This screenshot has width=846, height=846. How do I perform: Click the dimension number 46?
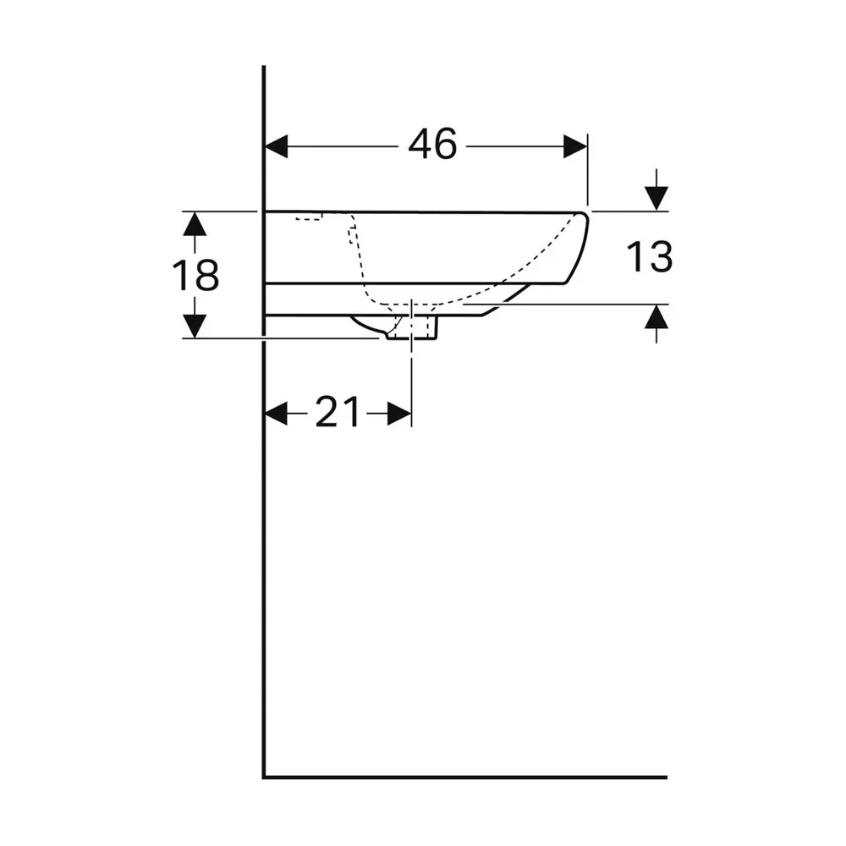pos(432,145)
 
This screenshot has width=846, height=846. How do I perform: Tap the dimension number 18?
pos(195,275)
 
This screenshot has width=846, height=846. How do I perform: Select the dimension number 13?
pos(650,257)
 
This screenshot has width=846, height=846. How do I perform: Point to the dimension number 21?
pos(338,413)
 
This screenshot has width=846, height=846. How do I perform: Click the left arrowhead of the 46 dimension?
pos(277,146)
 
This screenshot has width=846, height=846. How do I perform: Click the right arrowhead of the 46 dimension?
pos(575,146)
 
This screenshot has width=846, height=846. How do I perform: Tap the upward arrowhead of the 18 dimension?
pos(195,224)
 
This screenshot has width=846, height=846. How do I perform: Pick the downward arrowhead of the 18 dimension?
pos(195,326)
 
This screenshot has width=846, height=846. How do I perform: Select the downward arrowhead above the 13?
pos(656,199)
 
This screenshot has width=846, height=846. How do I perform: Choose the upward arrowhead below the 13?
pos(656,316)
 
